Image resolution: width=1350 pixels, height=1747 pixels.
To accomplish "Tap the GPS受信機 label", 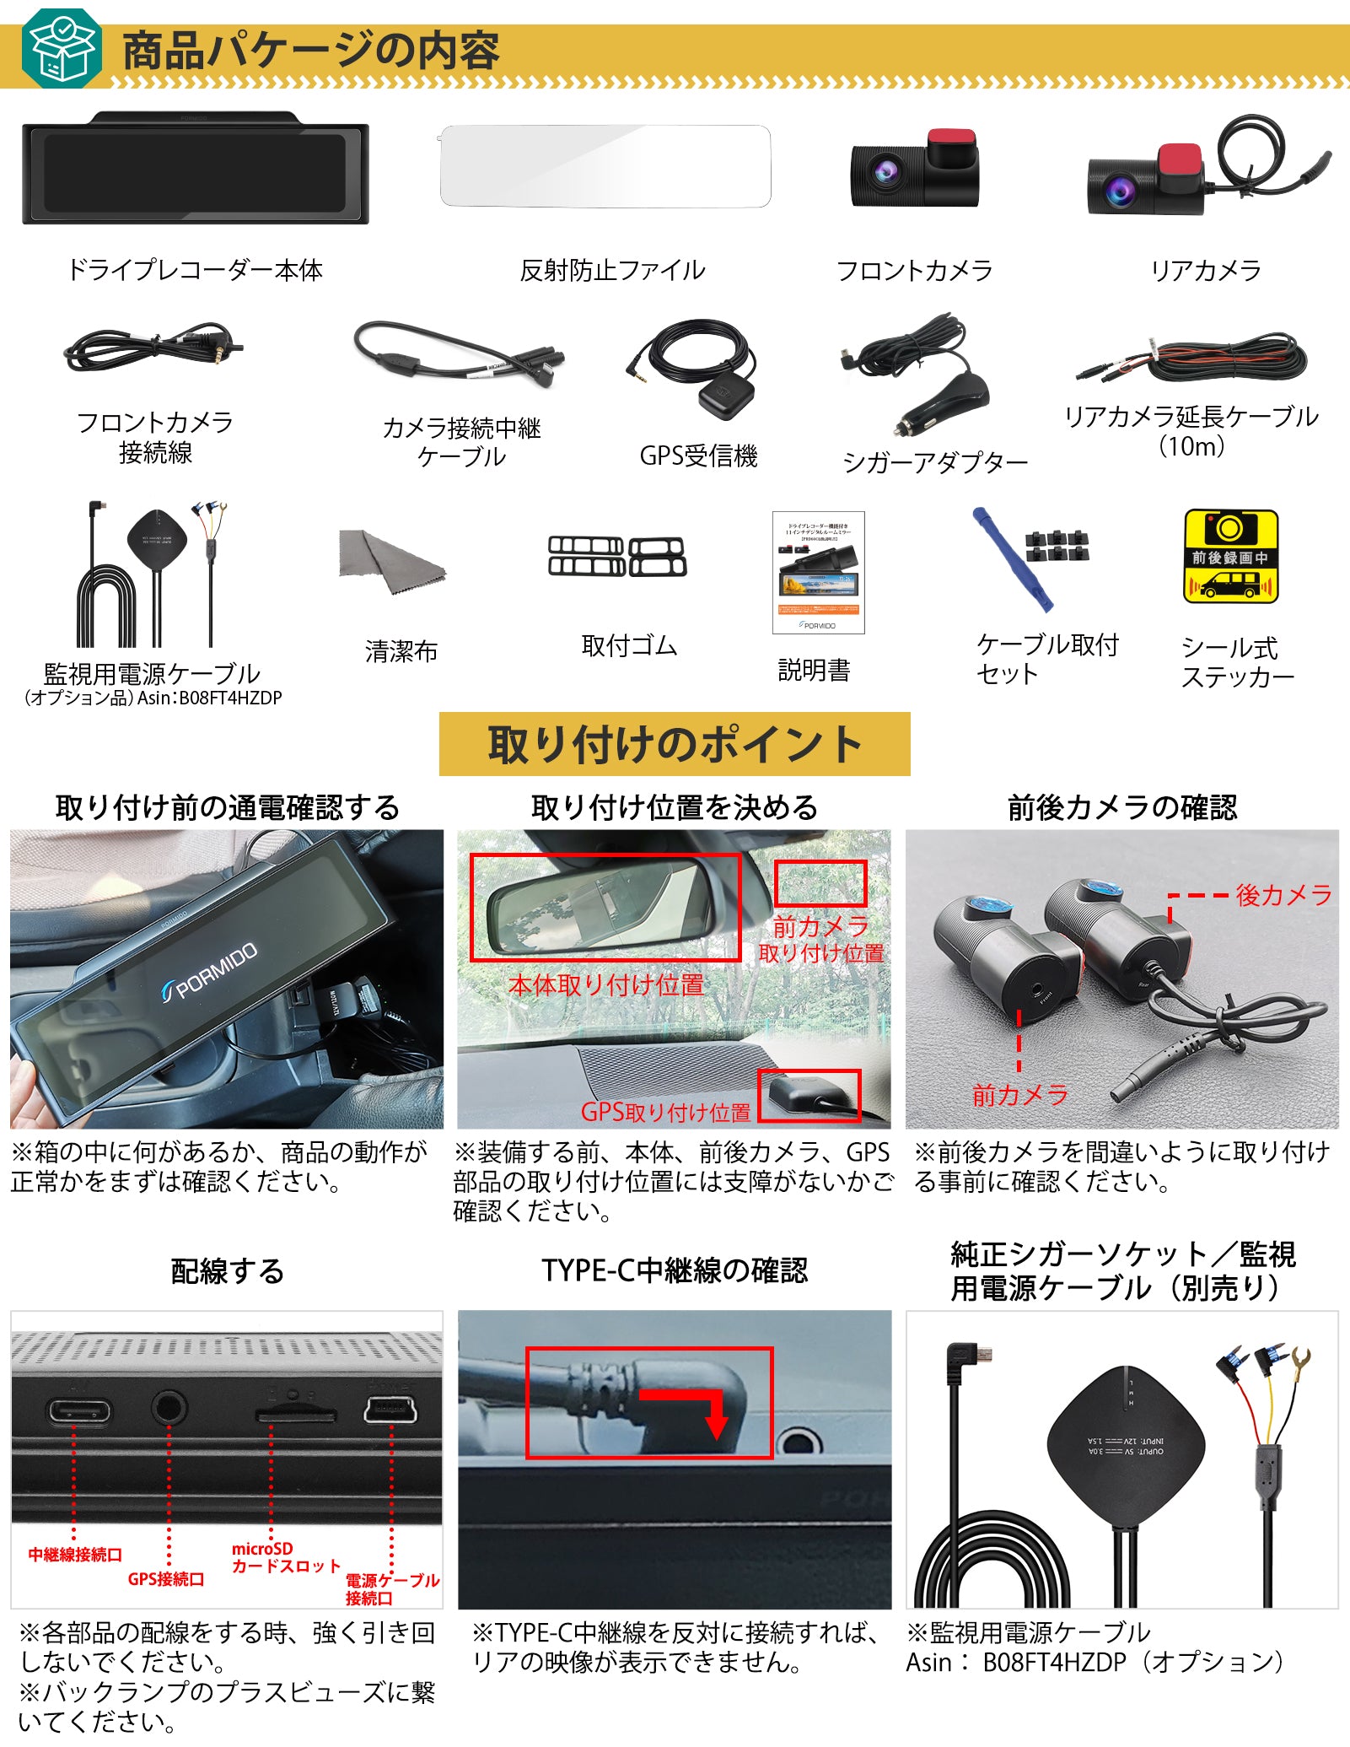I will [x=698, y=456].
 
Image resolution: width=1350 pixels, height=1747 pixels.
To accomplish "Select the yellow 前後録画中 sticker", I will [x=1230, y=557].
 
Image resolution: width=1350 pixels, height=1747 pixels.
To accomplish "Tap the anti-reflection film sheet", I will [x=605, y=166].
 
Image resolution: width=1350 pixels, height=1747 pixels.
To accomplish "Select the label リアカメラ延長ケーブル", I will [x=1191, y=417].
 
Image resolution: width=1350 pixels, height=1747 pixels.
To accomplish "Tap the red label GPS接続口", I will [x=166, y=1579].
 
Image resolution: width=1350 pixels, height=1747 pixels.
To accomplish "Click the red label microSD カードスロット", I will [x=285, y=1557].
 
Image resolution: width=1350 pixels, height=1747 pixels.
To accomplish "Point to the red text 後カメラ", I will [x=1283, y=895].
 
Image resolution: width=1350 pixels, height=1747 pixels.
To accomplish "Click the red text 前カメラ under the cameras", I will [x=1019, y=1095].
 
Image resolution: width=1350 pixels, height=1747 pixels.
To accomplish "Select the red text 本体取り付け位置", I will [x=605, y=984].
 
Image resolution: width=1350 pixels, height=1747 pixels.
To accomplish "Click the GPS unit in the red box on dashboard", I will [x=804, y=1095].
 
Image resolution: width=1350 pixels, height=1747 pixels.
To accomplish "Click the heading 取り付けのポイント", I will [x=674, y=744].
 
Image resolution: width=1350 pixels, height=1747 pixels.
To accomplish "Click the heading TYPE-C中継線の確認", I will [x=674, y=1270].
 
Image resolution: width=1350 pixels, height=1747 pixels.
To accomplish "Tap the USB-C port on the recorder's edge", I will [x=78, y=1411].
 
